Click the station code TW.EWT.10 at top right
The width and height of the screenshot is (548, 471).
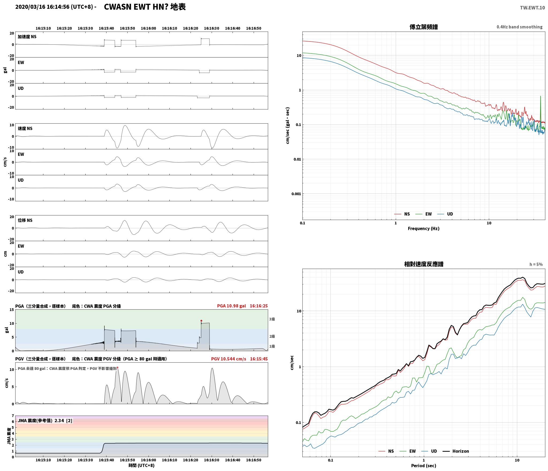coord(532,8)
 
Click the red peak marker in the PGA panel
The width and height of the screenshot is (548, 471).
coord(201,321)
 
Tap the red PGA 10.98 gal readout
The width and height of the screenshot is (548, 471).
coord(231,306)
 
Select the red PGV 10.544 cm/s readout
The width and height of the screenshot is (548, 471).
coord(229,359)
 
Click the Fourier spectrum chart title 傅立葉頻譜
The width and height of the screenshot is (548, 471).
coord(424,27)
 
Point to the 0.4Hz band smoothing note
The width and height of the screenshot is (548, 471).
coord(519,27)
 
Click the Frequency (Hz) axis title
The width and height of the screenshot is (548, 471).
coord(424,229)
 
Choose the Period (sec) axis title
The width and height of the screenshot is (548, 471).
coord(424,466)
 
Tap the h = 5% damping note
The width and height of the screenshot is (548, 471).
coord(536,264)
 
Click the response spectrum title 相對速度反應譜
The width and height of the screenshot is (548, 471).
coord(424,264)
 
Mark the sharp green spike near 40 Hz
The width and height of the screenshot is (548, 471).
coord(541,96)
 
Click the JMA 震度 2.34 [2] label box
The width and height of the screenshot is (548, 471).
coord(45,421)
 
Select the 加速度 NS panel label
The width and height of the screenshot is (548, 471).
coord(27,37)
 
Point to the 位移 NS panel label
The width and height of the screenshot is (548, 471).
coord(25,220)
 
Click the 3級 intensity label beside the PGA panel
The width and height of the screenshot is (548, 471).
coord(272,319)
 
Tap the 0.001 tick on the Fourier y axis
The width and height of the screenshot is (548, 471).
coord(296,194)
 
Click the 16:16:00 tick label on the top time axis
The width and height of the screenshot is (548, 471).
coord(148,28)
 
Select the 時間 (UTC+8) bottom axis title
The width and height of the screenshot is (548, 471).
coord(142,465)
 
